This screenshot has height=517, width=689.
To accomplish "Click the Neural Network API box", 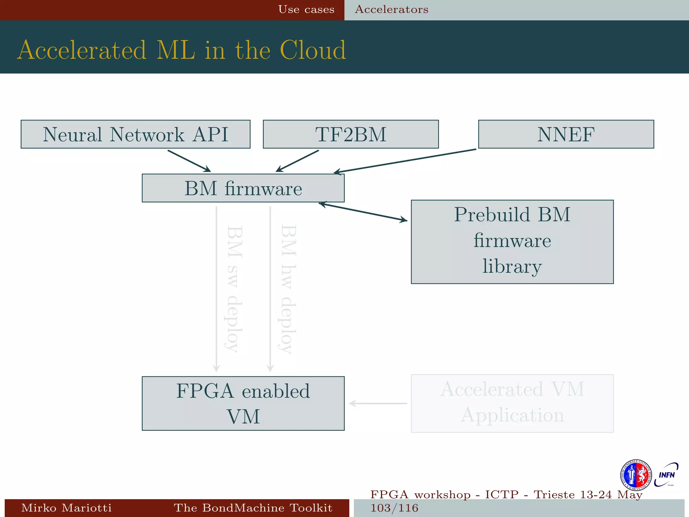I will point(135,134).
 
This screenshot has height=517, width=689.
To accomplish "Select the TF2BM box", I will point(351,134).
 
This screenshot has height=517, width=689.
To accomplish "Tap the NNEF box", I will point(566,134).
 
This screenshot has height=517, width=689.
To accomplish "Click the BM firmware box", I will point(243,188).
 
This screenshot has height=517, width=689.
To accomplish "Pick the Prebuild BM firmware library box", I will point(512,242).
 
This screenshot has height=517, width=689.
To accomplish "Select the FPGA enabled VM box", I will point(243,403).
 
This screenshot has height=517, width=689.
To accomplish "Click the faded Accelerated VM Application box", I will point(512,403).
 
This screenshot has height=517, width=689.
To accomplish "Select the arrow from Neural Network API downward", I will point(189,161).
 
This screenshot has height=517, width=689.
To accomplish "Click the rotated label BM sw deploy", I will point(233,289).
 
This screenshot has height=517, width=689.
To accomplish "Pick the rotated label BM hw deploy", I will point(288,289).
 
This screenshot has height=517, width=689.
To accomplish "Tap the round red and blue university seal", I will point(635,475).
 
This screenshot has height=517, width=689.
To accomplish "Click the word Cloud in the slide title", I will point(313,50).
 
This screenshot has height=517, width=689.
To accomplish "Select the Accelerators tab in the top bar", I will point(392,9).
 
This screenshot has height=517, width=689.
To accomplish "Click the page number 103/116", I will point(394,508).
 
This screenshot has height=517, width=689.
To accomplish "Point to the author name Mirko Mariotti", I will point(66,508).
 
